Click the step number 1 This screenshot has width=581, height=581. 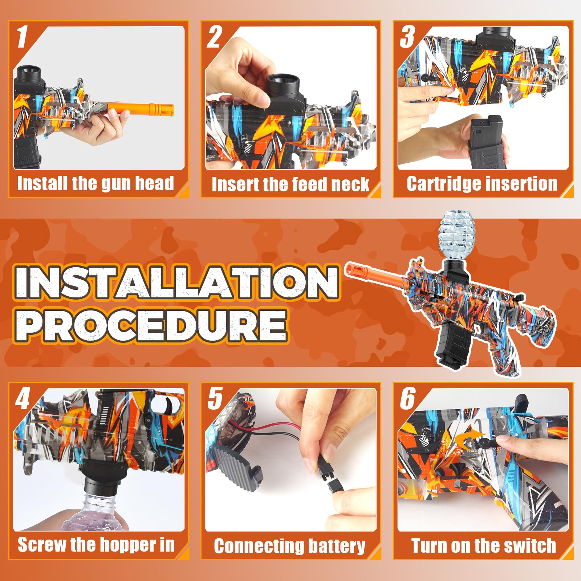(22, 36)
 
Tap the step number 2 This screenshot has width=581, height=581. (214, 36)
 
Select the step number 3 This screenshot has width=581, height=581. (407, 36)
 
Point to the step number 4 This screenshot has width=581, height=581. (23, 398)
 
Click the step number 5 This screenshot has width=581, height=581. (215, 398)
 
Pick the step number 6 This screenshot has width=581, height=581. (407, 398)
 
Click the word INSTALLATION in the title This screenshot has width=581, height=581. (177, 282)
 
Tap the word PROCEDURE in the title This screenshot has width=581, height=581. (151, 325)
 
